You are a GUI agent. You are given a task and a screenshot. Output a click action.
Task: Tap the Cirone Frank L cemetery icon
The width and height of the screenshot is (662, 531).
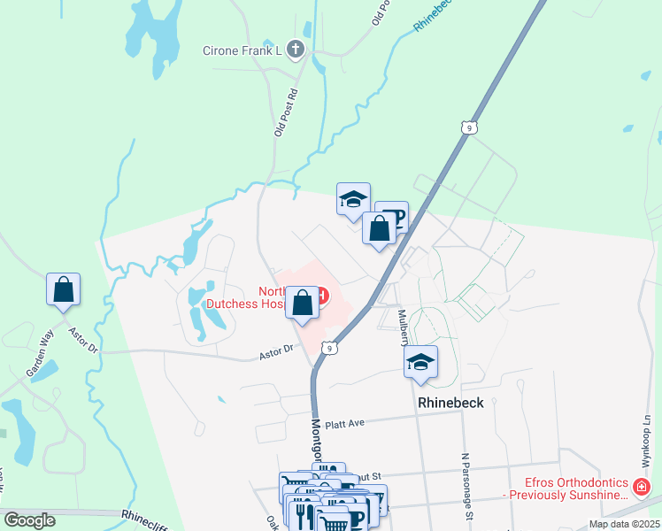pyautogui.click(x=296, y=50)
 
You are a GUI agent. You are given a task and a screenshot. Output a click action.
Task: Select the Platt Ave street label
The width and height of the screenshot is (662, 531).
pyautogui.click(x=344, y=424)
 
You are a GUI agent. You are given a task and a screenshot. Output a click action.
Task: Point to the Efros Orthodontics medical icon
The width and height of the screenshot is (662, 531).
pyautogui.click(x=641, y=487)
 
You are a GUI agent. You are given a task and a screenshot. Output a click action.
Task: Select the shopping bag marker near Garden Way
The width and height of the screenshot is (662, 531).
pyautogui.click(x=64, y=289)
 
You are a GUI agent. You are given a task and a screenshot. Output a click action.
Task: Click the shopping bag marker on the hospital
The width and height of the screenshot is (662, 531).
pyautogui.click(x=303, y=303)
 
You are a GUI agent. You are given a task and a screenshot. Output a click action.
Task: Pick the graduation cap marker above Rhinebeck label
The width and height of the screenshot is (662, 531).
pyautogui.click(x=421, y=362)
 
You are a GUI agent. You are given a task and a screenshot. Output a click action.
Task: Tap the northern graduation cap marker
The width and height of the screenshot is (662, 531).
pyautogui.click(x=353, y=199)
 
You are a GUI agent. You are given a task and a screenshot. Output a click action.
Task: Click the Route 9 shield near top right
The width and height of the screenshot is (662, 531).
pyautogui.click(x=468, y=128)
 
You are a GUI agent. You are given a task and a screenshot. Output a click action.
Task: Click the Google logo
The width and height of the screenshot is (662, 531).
pyautogui.click(x=30, y=520)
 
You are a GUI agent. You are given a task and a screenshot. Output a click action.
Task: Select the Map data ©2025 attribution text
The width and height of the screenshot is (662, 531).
pyautogui.click(x=624, y=524)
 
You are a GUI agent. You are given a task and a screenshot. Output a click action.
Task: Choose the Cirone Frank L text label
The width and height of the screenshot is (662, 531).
pyautogui.click(x=242, y=50)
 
